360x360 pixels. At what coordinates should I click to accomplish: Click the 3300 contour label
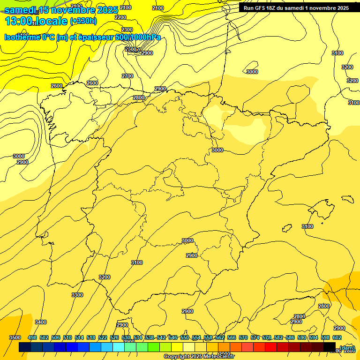pos(77,295)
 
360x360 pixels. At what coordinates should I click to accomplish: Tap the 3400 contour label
pos(41,322)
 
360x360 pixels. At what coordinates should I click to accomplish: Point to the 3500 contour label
pos(15,337)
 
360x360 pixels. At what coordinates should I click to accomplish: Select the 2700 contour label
pos(127,76)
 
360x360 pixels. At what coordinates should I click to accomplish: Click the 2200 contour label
pos(120,17)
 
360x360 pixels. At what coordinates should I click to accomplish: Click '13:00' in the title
pos(19,21)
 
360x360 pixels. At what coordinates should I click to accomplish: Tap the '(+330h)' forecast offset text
pos(83,21)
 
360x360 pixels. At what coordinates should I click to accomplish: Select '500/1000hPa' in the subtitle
pos(138,37)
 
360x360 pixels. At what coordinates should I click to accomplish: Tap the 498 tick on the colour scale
pos(32,337)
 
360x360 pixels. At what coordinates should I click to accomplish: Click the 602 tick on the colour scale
pos(337,337)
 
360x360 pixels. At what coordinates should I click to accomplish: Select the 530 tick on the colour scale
pos(126,337)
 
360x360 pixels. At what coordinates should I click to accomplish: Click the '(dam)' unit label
pos(347,348)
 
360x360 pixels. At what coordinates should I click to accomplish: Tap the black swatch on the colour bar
pos(330,347)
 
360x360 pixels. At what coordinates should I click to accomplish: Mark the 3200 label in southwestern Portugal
pos(105,277)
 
